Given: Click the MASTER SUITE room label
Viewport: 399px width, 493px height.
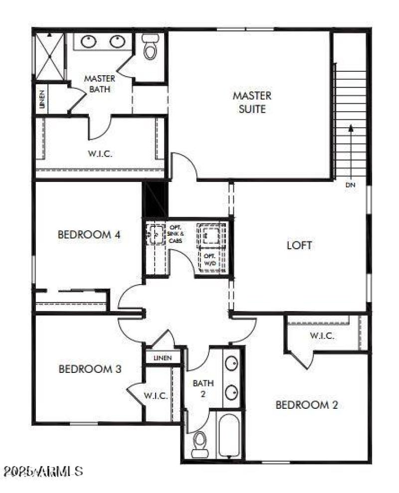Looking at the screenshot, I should [x=252, y=102].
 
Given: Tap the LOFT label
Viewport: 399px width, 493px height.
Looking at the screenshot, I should [x=299, y=245].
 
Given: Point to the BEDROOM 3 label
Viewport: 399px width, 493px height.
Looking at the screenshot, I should [x=90, y=369].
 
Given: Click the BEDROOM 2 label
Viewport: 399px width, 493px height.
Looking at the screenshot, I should [x=307, y=405].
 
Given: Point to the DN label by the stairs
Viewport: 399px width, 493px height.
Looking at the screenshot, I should [x=350, y=185].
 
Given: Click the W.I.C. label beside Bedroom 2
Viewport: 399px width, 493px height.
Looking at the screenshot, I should [x=322, y=335].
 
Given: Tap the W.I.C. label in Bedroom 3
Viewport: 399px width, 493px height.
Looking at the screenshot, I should [x=156, y=396].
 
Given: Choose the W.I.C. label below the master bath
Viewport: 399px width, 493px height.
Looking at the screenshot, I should [x=100, y=154].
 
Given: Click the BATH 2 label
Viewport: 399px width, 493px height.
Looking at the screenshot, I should [x=203, y=388].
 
